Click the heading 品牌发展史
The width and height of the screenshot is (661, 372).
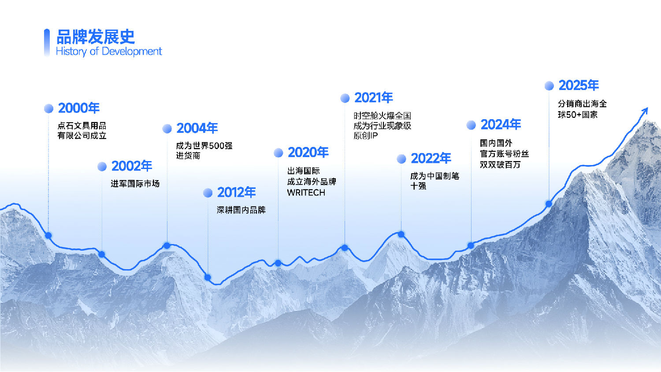[x=96, y=37]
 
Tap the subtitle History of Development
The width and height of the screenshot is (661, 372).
[x=109, y=52]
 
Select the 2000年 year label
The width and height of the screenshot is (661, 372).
[x=79, y=108]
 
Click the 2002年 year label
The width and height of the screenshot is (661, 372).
[x=132, y=166]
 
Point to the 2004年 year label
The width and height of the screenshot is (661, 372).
[x=197, y=128]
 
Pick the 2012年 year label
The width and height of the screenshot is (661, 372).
[x=236, y=192]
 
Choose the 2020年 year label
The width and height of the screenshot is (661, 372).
[x=308, y=153]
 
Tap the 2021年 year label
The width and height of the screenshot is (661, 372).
[x=373, y=98]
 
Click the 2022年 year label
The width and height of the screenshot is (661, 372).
[x=431, y=158]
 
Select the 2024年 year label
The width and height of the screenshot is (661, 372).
[x=501, y=125]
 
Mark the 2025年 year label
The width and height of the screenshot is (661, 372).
[x=579, y=86]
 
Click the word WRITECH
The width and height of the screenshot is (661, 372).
[x=306, y=193]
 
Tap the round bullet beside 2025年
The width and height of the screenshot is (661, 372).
[x=549, y=86]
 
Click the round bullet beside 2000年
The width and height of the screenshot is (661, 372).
[x=49, y=109]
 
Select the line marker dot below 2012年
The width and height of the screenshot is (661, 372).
[x=208, y=278]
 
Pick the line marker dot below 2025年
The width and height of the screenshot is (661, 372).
[x=549, y=204]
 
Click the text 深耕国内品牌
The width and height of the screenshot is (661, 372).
[x=241, y=210]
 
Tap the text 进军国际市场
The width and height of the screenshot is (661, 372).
[x=135, y=184]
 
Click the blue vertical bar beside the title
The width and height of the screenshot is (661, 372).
[x=47, y=42]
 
